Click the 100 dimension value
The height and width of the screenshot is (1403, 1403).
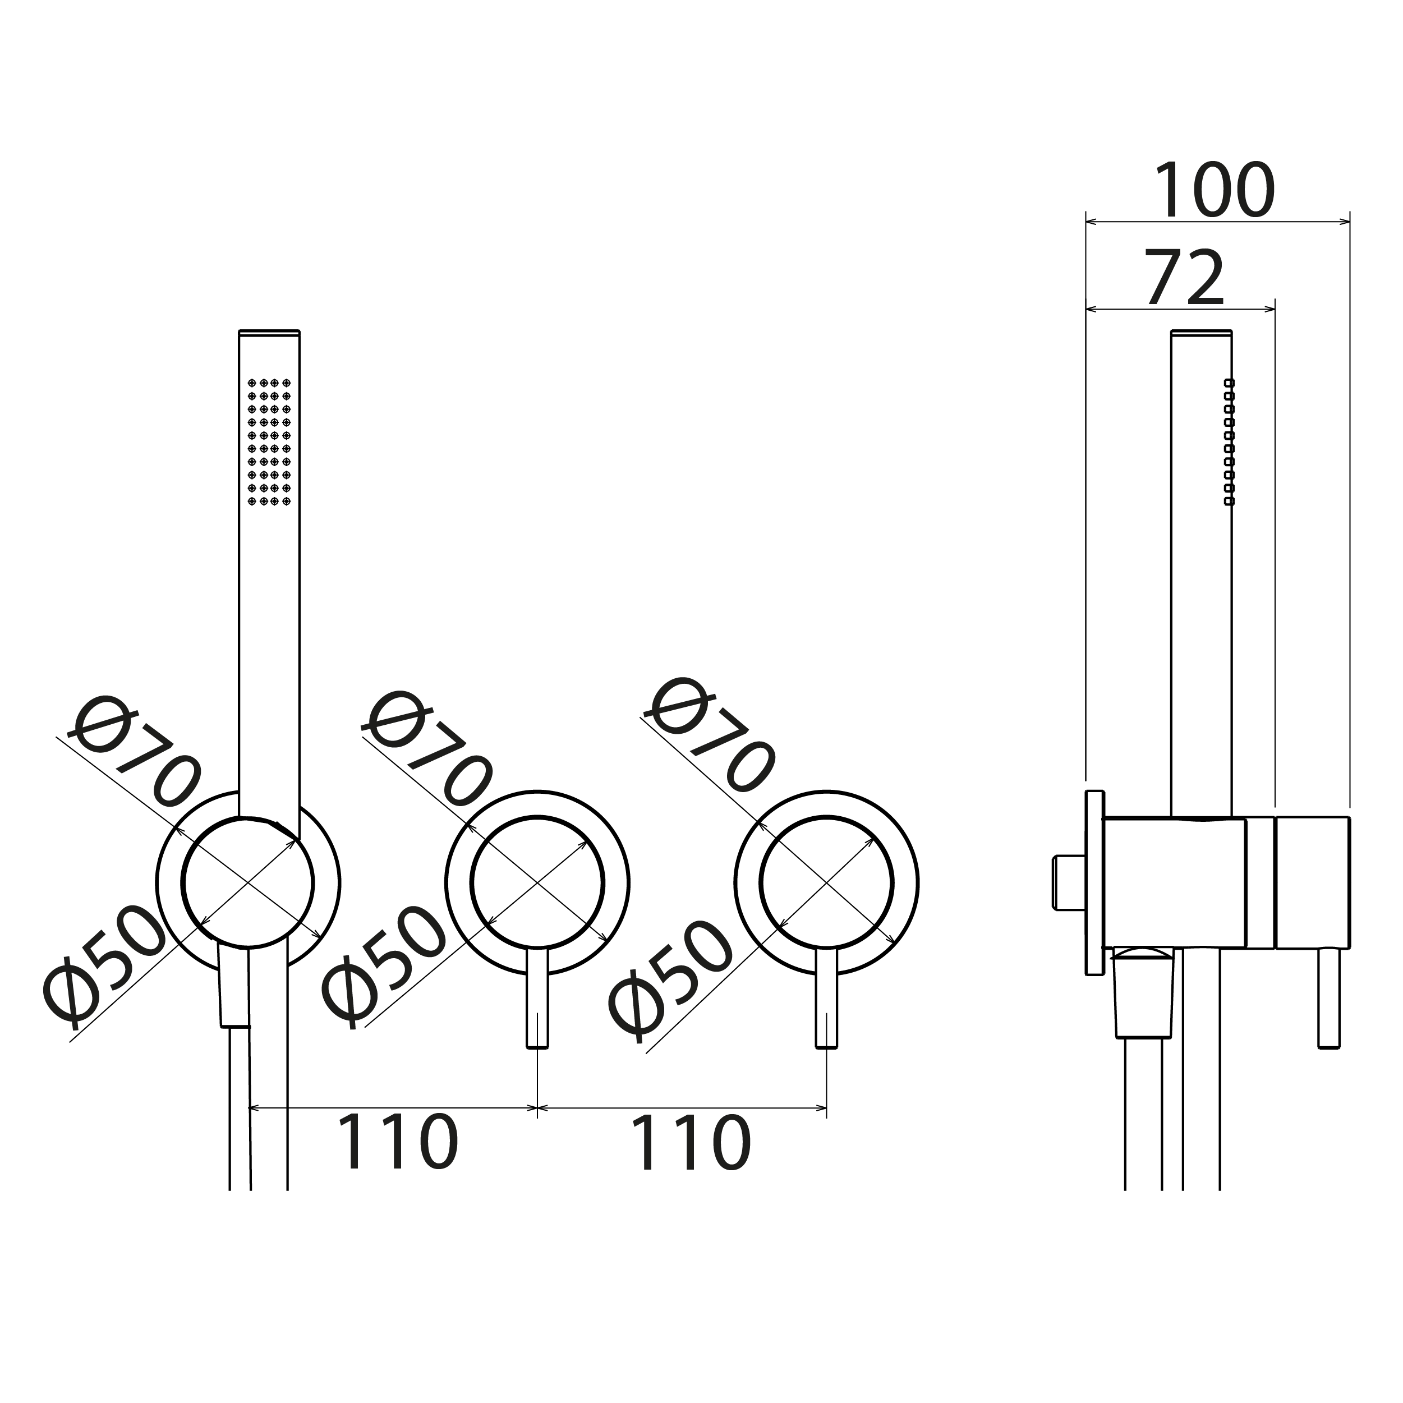[1214, 190]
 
